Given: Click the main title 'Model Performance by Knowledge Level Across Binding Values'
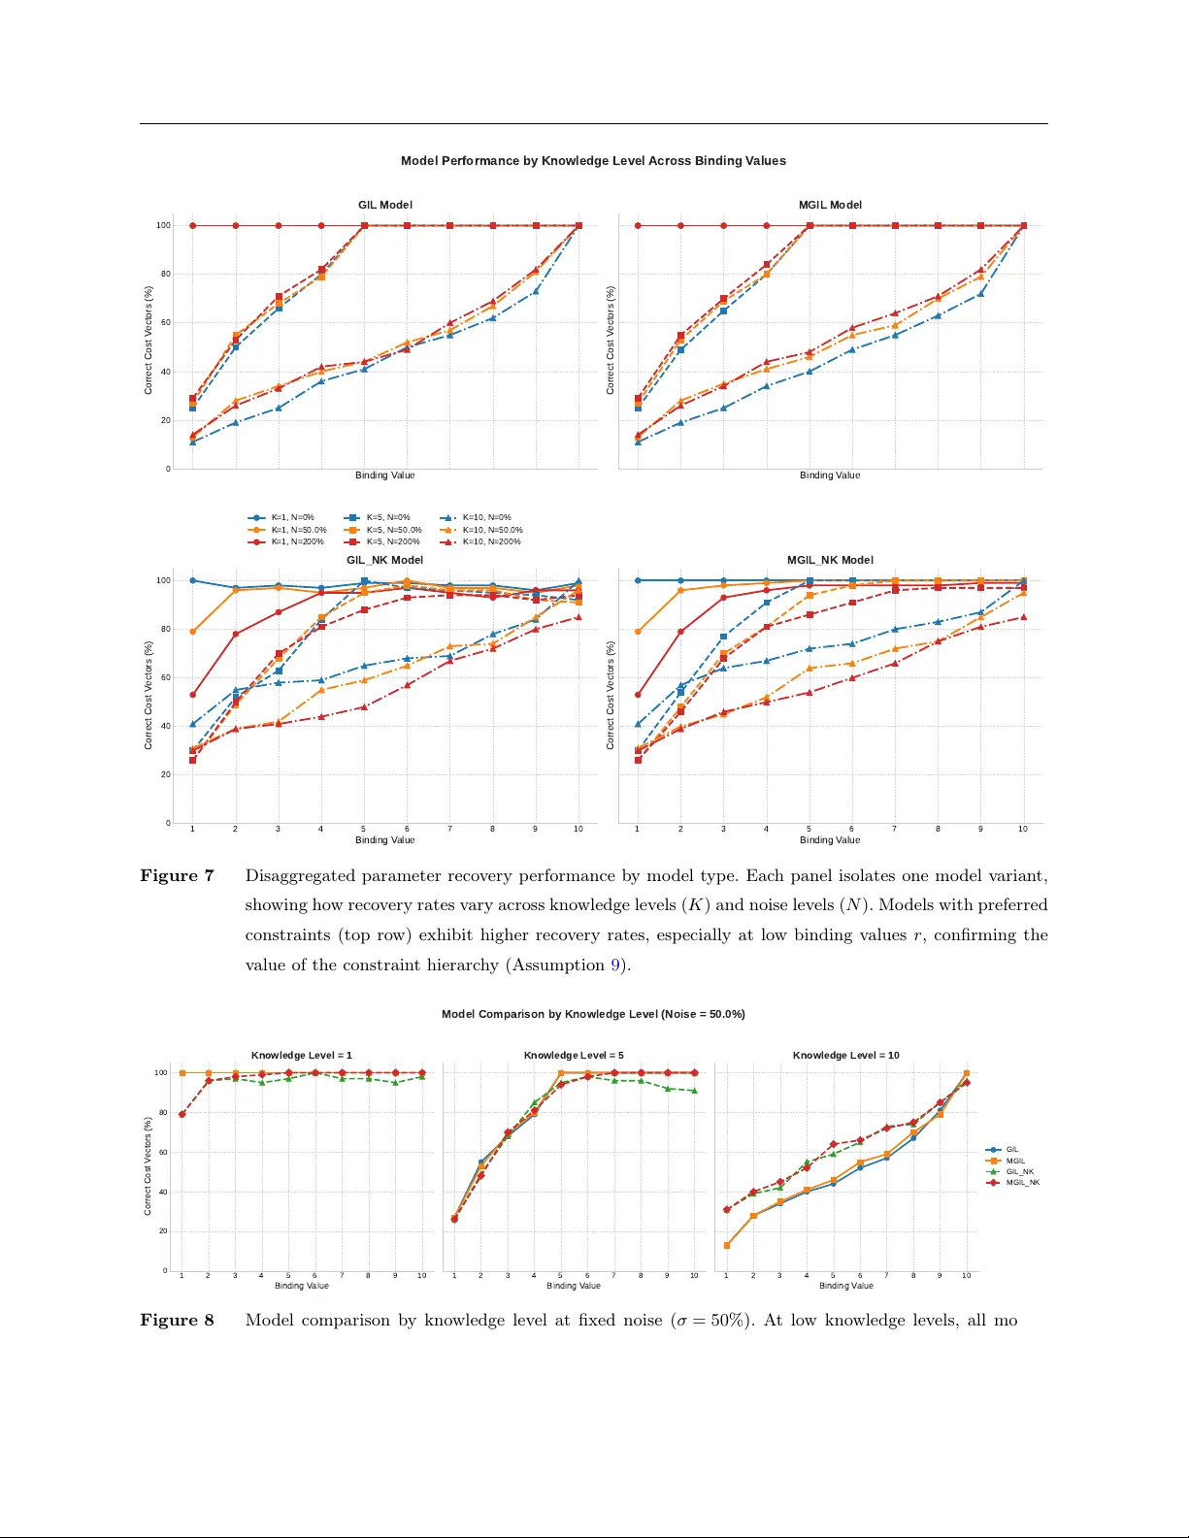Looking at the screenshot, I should pyautogui.click(x=593, y=161).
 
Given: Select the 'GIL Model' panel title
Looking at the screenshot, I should pyautogui.click(x=384, y=205).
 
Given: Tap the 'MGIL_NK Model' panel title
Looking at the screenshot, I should pyautogui.click(x=830, y=560).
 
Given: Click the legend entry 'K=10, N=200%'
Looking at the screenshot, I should pyautogui.click(x=491, y=541).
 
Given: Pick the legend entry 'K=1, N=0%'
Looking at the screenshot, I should pyautogui.click(x=292, y=517).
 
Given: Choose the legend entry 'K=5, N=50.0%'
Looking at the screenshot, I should pyautogui.click(x=393, y=530).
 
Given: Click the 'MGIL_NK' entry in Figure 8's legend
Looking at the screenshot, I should pyautogui.click(x=1022, y=1183).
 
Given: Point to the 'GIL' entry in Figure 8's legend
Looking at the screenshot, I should pyautogui.click(x=1011, y=1150).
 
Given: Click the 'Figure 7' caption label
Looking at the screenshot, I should pyautogui.click(x=177, y=876).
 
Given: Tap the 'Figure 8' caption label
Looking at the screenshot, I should pyautogui.click(x=177, y=1321).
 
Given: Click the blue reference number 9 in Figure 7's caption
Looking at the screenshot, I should pyautogui.click(x=615, y=965).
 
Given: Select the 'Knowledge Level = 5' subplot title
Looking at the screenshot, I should pyautogui.click(x=574, y=1055).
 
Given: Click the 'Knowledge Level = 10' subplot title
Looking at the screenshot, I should pyautogui.click(x=845, y=1055).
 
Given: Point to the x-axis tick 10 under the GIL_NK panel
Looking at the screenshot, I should pyautogui.click(x=578, y=829).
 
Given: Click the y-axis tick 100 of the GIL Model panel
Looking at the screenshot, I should pyautogui.click(x=163, y=225).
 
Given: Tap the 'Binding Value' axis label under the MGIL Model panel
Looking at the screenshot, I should pyautogui.click(x=830, y=475).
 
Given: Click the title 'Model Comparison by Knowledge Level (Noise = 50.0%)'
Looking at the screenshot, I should pyautogui.click(x=593, y=1014).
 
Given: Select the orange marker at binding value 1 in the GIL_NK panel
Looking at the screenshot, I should pyautogui.click(x=192, y=632).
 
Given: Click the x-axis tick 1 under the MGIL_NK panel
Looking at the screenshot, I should pyautogui.click(x=637, y=829).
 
